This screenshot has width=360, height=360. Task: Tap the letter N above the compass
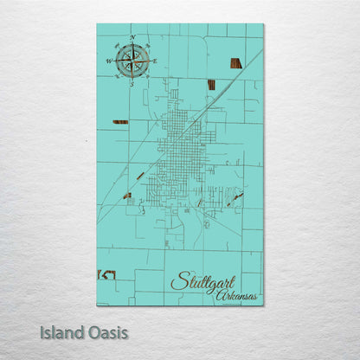pos(132,37)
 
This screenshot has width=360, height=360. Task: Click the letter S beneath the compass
pos(132,84)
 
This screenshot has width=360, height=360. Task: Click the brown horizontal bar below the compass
pos(120,122)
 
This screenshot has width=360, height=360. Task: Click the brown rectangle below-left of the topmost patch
pos(211,84)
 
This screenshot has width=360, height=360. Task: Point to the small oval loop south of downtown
pos(205,223)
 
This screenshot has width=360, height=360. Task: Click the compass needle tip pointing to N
pos(132,44)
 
